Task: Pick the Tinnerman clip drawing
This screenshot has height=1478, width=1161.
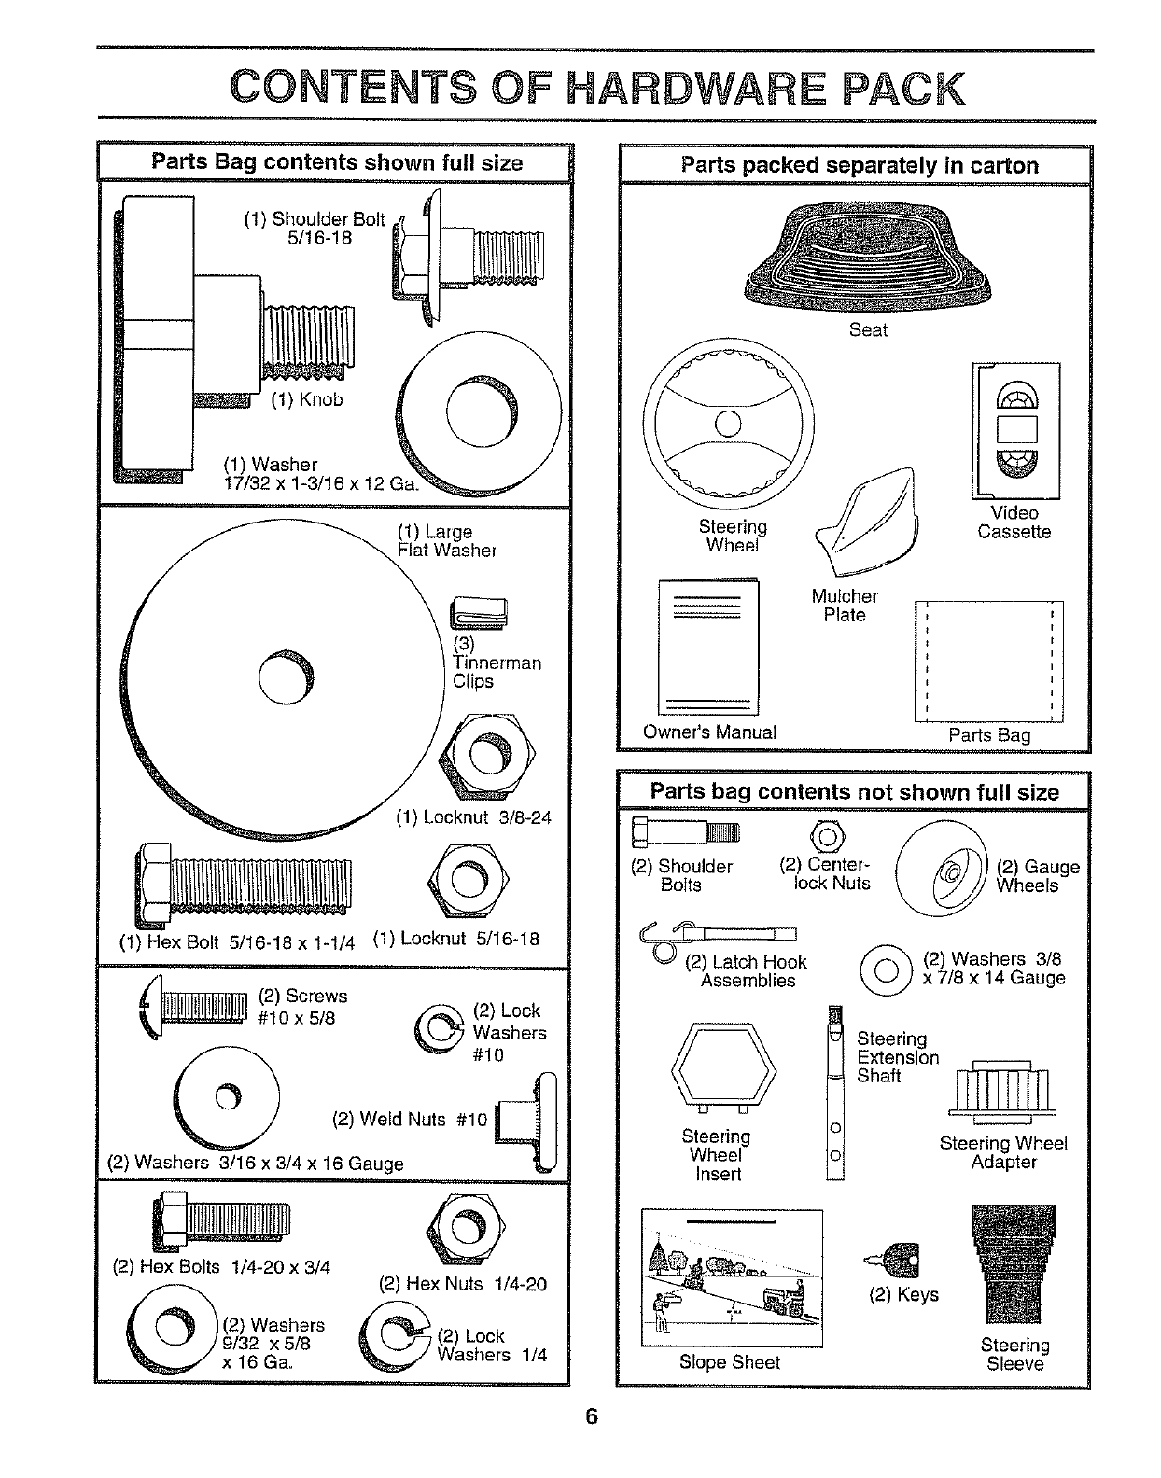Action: pos(482,612)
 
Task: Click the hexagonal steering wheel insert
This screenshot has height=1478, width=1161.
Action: pos(724,1064)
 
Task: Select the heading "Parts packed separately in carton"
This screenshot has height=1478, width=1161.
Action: pos(859,166)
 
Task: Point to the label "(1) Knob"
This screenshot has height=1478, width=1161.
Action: pos(307,400)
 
